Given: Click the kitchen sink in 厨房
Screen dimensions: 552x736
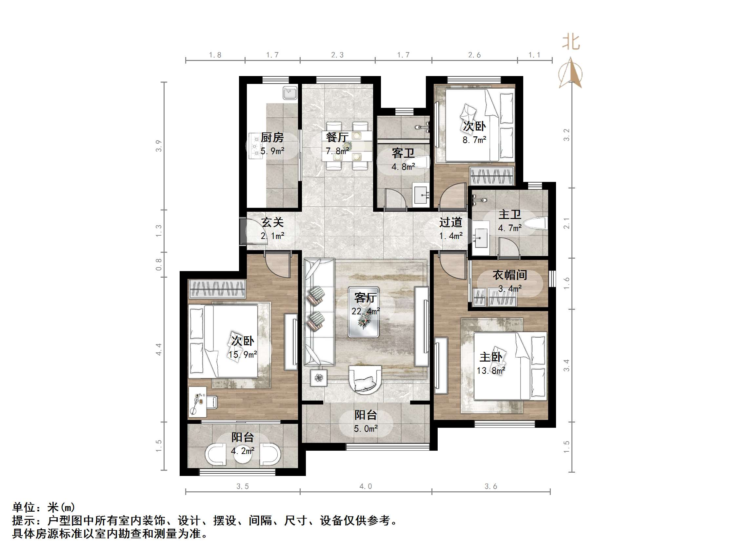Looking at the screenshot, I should [x=290, y=93].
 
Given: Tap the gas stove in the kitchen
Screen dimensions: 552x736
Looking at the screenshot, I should [x=256, y=146].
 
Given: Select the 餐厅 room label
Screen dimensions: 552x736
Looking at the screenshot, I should [x=337, y=137].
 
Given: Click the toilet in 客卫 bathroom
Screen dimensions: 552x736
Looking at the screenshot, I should [x=421, y=162].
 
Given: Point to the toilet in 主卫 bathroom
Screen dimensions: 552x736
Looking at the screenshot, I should [x=535, y=223].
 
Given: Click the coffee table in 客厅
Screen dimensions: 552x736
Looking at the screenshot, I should [x=363, y=312].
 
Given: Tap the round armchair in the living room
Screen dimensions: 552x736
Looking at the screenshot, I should [x=365, y=379].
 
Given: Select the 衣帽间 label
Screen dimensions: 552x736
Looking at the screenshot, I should [x=509, y=275].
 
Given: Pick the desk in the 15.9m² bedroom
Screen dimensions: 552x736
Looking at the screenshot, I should [x=197, y=402].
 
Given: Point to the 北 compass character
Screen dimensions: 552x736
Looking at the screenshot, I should [x=571, y=43].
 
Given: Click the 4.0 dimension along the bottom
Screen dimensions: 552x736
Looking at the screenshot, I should [x=365, y=486].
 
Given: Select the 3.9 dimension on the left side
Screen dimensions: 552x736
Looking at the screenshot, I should [x=159, y=146].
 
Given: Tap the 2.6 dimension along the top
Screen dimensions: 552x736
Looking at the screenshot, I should [x=474, y=55].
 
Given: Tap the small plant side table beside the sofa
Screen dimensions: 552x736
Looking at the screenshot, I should [x=319, y=378].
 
